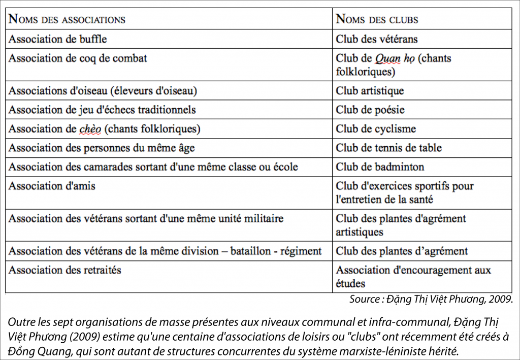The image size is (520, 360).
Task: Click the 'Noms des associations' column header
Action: pos(67,20)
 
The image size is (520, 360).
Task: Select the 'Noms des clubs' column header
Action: pos(377,20)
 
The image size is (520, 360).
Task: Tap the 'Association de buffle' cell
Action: pos(58,39)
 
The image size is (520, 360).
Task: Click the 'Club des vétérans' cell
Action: pos(376,39)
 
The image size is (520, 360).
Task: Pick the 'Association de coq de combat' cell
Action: pos(78,58)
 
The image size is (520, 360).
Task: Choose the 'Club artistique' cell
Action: pos(370,91)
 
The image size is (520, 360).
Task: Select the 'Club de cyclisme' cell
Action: pos(375,129)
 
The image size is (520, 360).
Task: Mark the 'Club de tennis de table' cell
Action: pos(388,148)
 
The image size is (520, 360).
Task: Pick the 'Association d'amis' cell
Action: pos(52,186)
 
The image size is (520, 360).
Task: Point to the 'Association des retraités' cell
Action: pos(65,270)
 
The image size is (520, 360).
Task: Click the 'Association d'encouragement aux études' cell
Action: pos(413,276)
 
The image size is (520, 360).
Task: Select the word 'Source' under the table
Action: pos(364,300)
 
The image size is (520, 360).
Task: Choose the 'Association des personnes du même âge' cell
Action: pos(102,148)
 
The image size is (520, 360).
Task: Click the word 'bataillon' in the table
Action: pos(255,251)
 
